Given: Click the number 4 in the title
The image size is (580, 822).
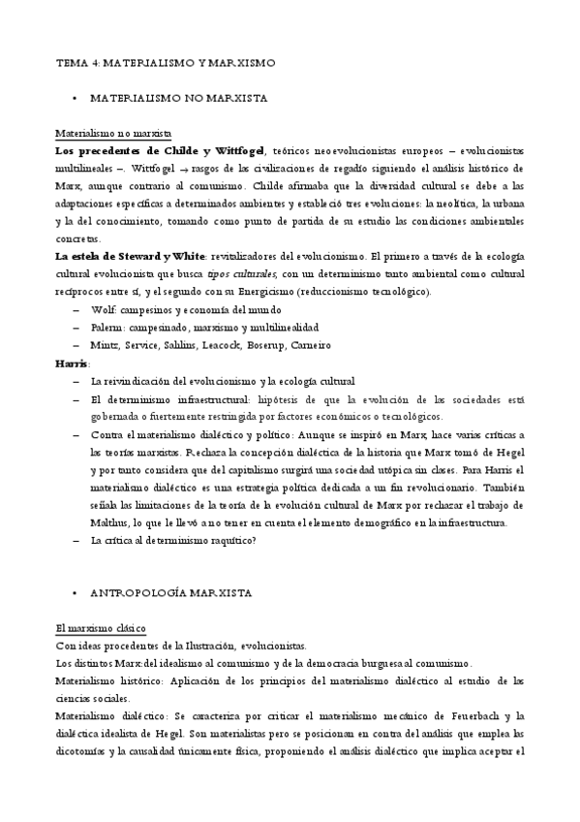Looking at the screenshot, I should click(x=95, y=62).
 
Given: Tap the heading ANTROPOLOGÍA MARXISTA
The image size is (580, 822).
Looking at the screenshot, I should click(x=169, y=591).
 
